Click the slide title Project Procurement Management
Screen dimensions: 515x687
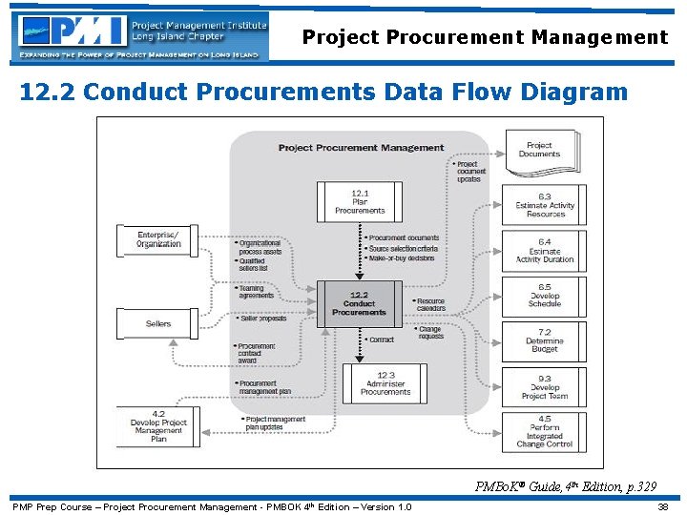pyautogui.click(x=485, y=37)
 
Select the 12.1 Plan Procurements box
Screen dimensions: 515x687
pyautogui.click(x=360, y=201)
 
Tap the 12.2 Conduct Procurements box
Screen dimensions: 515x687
pyautogui.click(x=359, y=303)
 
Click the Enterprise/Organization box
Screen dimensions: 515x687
pyautogui.click(x=157, y=239)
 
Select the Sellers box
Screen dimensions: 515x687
pyautogui.click(x=158, y=323)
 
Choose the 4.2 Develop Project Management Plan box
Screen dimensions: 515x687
pyautogui.click(x=158, y=426)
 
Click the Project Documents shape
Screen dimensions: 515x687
pyautogui.click(x=540, y=150)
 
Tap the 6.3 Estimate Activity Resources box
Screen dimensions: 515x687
pyautogui.click(x=545, y=205)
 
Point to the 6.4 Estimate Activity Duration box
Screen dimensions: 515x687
pyautogui.click(x=545, y=251)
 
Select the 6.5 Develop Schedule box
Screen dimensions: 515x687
pyautogui.click(x=545, y=296)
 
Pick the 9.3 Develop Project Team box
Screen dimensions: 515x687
pyautogui.click(x=545, y=386)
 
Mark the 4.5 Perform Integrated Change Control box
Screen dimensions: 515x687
pyautogui.click(x=545, y=431)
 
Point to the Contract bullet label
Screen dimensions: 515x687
pyautogui.click(x=381, y=340)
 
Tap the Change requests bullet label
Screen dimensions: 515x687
pyautogui.click(x=430, y=333)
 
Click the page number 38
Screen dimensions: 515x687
pyautogui.click(x=662, y=506)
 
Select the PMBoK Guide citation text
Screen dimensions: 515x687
pyautogui.click(x=566, y=487)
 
